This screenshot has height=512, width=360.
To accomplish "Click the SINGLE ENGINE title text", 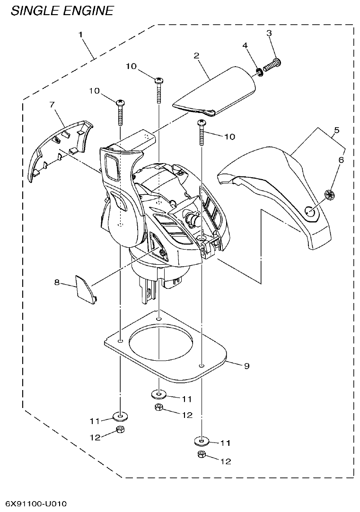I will pos(62,10).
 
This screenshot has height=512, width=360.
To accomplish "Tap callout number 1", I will pos(81,35).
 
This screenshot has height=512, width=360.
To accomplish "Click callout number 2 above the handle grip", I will pos(196,55).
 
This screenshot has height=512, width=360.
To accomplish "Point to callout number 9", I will pos(246,365).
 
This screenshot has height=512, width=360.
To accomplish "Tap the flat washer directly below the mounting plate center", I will pos(159,393).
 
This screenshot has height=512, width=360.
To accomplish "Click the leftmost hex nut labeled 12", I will pos(120,429).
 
